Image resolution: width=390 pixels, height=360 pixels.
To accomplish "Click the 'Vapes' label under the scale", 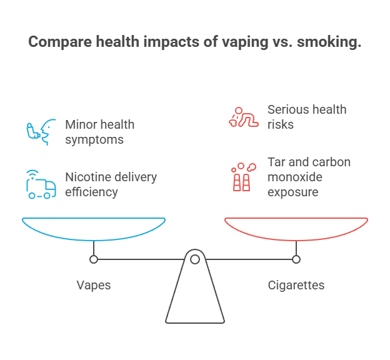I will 94,285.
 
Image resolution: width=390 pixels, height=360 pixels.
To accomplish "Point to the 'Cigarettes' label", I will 296,285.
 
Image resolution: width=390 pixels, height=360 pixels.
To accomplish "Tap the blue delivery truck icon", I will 39,183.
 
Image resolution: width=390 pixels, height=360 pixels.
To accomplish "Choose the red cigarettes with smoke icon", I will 241,177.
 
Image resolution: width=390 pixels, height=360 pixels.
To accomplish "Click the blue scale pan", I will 94,229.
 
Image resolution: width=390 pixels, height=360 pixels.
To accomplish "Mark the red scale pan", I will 296,229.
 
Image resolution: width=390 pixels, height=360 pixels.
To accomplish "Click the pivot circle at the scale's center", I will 195,259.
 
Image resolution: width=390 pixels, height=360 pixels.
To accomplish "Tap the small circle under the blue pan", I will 94,259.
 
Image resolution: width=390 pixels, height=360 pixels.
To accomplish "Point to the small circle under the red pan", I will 296,259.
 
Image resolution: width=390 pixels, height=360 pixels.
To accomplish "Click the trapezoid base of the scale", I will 195,300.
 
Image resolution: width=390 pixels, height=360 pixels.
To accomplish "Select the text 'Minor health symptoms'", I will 100,131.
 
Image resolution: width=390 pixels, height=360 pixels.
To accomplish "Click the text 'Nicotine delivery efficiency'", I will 111,184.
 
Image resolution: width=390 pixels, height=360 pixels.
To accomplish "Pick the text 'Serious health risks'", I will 307,116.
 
